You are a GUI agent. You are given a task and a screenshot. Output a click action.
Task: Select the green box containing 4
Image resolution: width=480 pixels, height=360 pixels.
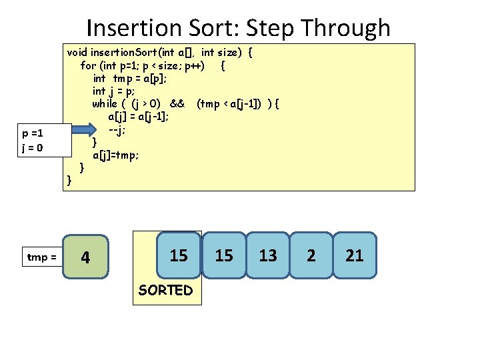click(x=85, y=257)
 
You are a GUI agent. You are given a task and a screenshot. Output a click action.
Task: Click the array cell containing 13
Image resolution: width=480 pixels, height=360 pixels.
click(x=268, y=255)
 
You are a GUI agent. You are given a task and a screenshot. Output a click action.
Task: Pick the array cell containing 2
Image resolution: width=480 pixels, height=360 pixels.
click(x=311, y=255)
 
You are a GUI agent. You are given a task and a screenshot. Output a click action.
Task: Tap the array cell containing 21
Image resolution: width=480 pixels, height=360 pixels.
click(x=355, y=255)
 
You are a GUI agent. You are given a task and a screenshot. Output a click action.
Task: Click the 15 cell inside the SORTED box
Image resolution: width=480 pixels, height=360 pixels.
click(x=179, y=255)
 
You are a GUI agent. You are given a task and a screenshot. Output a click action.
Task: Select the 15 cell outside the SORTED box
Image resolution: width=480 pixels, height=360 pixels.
click(x=225, y=255)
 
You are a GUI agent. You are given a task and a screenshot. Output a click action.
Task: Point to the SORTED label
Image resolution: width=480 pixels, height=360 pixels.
click(x=165, y=290)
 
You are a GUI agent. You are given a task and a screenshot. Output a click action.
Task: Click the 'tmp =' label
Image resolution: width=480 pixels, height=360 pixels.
click(x=41, y=257)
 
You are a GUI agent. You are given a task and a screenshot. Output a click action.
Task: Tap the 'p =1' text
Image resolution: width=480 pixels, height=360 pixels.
click(x=33, y=133)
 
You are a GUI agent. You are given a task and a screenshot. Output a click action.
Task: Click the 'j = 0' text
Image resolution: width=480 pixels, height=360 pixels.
click(x=33, y=147)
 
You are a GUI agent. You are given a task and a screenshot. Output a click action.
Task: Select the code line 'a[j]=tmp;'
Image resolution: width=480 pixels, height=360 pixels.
click(x=116, y=155)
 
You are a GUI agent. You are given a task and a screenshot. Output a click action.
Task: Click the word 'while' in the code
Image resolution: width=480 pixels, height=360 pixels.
click(x=104, y=103)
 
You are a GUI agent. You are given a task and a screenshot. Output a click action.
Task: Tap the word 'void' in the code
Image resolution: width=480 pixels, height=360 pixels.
click(x=77, y=52)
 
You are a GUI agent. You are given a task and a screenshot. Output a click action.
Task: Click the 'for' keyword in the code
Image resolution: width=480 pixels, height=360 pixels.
click(x=87, y=65)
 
